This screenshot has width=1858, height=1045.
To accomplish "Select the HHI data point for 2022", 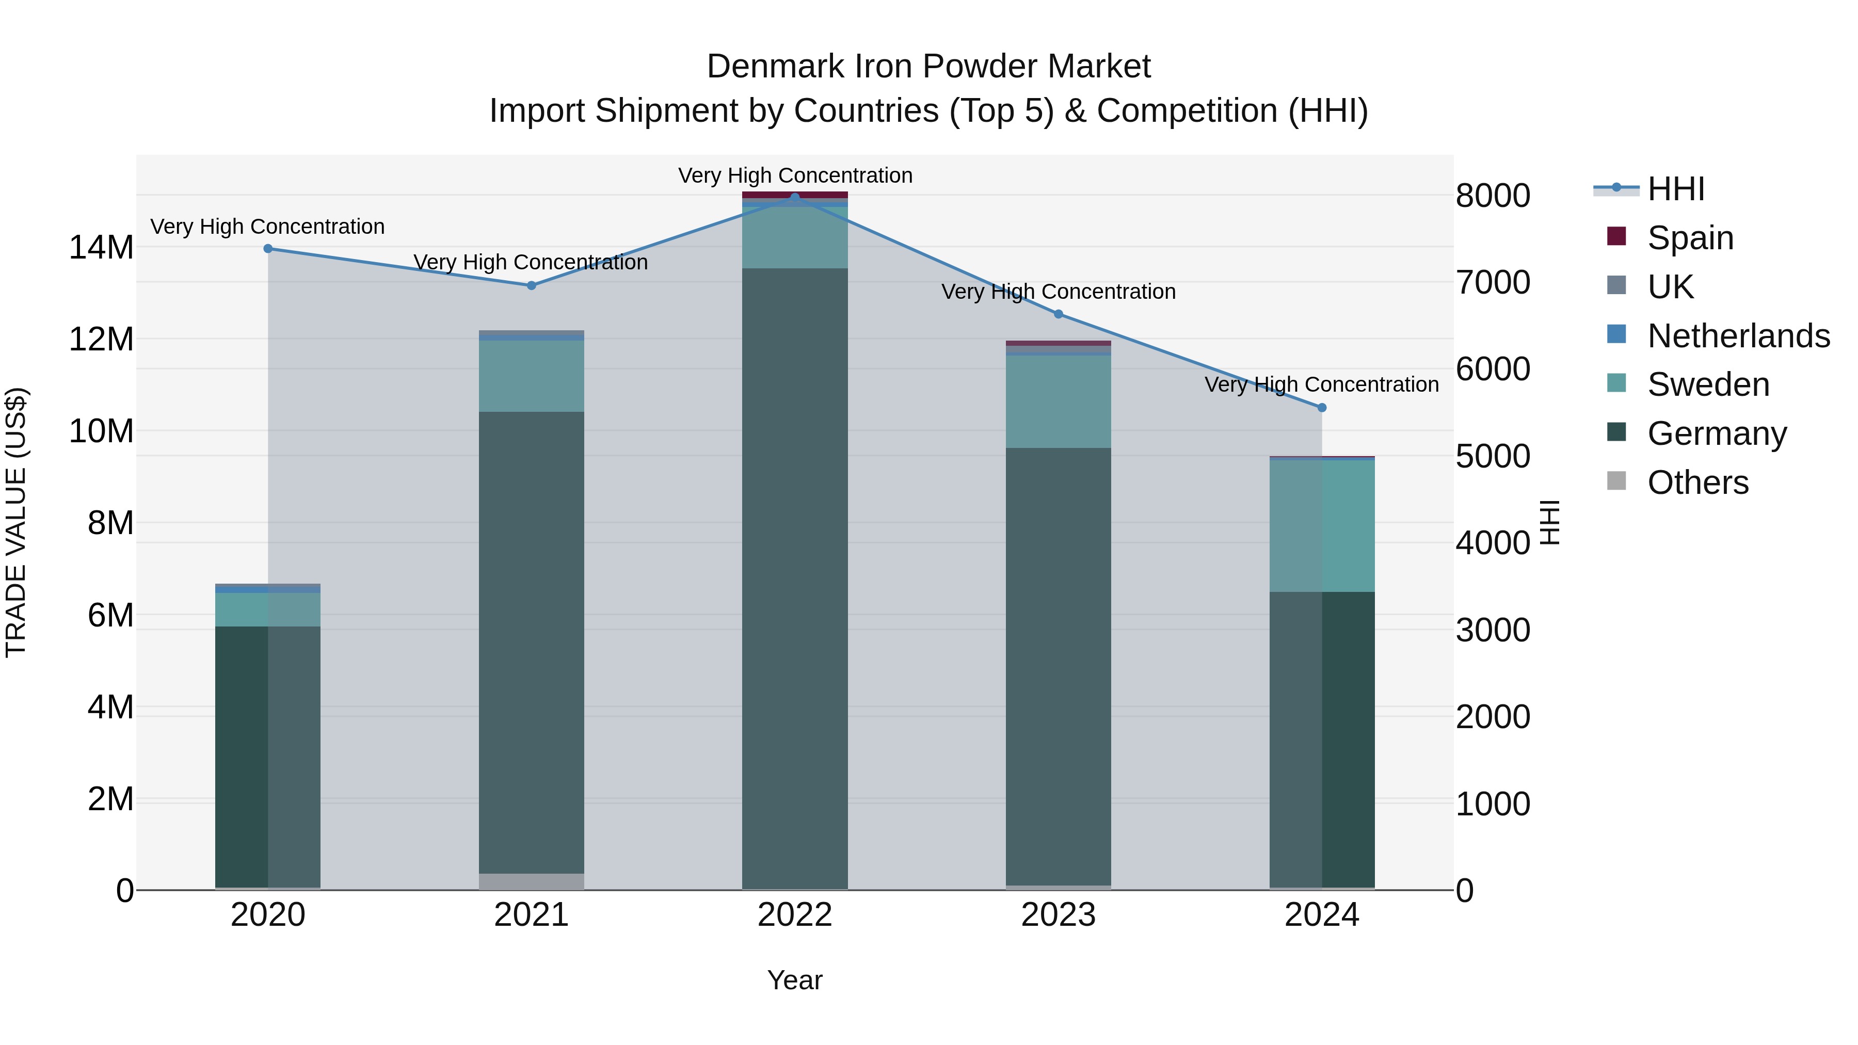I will [x=795, y=197].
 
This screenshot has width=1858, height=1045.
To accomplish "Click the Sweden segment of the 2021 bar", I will [x=532, y=376].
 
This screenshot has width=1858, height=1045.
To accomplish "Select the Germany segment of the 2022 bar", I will [x=795, y=577].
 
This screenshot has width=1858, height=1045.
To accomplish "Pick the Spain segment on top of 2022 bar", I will [x=795, y=195].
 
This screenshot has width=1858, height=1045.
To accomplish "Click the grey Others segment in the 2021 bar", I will [x=532, y=881].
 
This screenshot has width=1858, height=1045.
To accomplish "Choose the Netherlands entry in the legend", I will [x=1738, y=336].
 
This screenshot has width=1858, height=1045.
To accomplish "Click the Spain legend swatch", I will [x=1616, y=236].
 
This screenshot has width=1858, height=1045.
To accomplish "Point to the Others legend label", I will [x=1698, y=483].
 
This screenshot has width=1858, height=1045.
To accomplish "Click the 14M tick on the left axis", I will [x=101, y=247].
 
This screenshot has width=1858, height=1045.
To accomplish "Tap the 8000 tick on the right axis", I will [x=1492, y=196].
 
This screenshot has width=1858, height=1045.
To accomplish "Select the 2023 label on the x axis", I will [x=1058, y=915].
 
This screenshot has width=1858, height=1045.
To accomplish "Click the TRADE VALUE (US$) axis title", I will [x=16, y=522].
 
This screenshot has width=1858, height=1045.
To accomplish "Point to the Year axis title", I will [x=795, y=980].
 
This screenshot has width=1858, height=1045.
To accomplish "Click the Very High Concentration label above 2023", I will [x=1058, y=292].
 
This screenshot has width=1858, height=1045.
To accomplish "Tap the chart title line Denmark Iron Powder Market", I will [x=928, y=67].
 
